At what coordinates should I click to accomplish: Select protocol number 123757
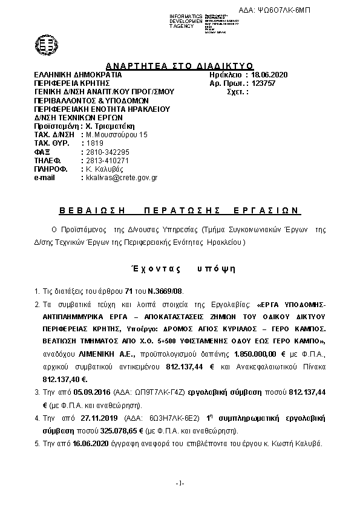263,83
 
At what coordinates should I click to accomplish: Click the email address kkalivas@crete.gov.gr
121,178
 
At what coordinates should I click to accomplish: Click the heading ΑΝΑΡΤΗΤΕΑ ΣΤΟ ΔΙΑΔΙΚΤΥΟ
179,66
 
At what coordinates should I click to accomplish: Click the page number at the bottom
180,484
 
